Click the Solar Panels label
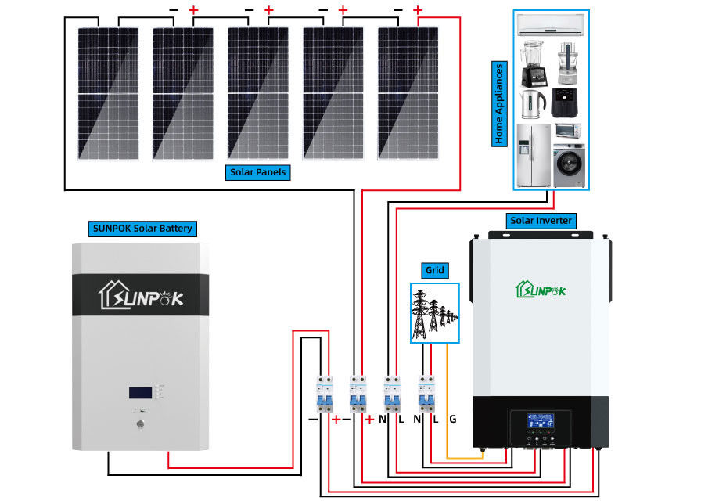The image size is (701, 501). click(258, 172)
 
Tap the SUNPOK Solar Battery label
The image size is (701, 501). click(141, 229)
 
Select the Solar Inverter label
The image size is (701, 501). click(541, 221)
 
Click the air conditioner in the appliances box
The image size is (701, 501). click(551, 25)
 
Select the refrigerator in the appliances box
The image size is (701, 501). click(534, 154)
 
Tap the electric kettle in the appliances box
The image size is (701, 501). click(532, 100)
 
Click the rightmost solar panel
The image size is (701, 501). click(408, 92)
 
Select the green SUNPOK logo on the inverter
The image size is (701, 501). click(540, 290)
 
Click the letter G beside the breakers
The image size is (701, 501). click(452, 420)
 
